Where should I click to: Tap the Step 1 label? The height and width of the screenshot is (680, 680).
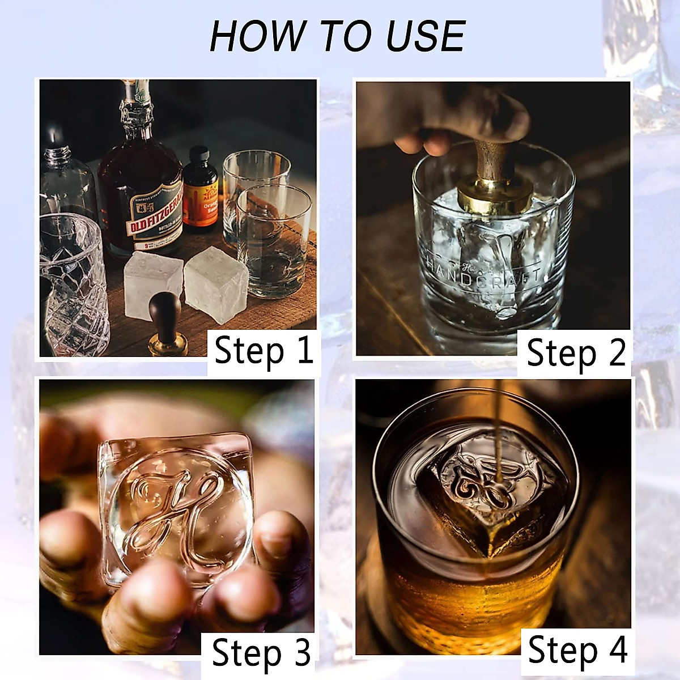coord(263,351)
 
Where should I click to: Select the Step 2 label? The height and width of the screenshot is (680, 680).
coord(576,353)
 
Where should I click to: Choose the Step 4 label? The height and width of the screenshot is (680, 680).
coord(577,650)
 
